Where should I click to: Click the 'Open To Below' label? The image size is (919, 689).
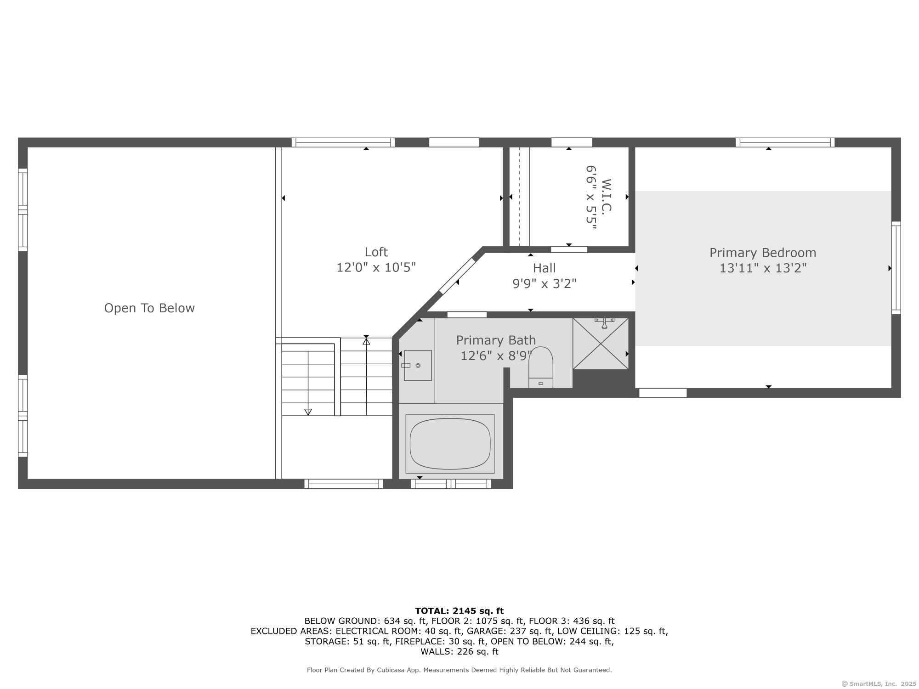149,308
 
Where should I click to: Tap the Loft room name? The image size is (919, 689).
376,252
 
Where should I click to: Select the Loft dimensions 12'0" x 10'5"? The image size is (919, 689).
376,267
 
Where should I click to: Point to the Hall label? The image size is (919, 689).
545,268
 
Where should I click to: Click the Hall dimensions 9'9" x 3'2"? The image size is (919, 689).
545,283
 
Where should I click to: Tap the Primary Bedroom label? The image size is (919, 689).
763,253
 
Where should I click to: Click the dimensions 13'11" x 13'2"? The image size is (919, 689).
763,268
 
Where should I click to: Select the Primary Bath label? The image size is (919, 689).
496,340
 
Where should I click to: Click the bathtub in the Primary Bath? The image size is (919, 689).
450,444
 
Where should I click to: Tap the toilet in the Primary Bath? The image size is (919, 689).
541,367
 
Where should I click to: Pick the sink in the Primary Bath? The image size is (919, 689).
418,366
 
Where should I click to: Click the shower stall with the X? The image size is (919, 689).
601,344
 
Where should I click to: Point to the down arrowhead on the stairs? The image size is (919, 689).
308,412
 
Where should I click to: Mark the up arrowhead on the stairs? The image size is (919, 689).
366,341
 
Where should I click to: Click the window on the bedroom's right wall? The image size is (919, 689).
896,268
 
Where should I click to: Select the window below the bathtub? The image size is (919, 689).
451,484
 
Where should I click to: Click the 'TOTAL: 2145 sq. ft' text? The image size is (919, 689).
459,611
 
